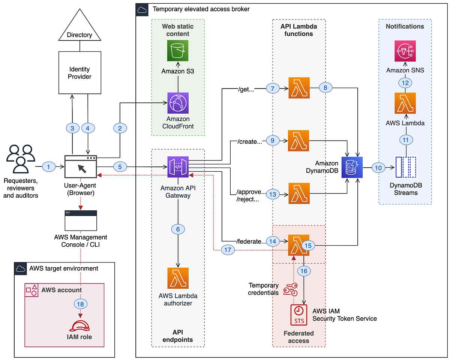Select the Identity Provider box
(x=80, y=73)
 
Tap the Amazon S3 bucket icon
(x=178, y=50)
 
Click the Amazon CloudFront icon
(x=178, y=103)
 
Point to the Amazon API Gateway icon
(x=178, y=167)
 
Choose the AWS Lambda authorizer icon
(x=178, y=278)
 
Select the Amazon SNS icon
(x=405, y=51)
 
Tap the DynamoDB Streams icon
(x=406, y=167)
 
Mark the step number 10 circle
(x=378, y=168)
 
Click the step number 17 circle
(x=228, y=249)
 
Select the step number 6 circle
(x=178, y=229)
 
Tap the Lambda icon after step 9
(x=298, y=141)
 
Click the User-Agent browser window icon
(x=81, y=167)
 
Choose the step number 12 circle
(x=405, y=83)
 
